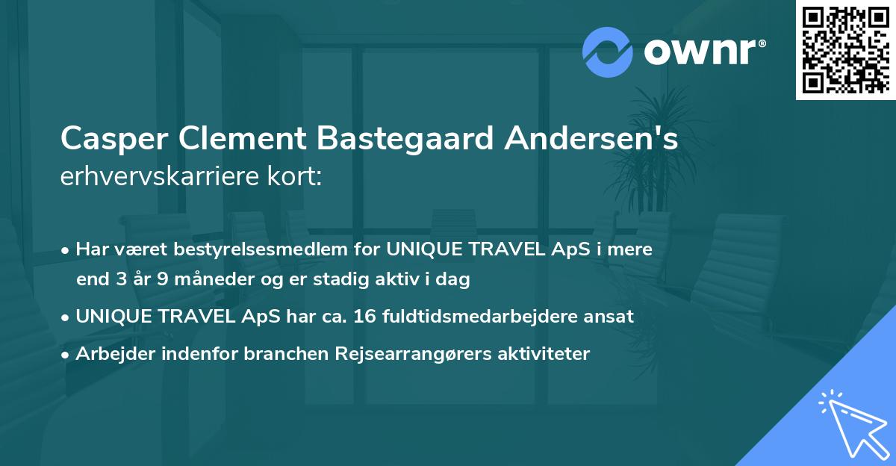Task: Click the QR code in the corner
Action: (845, 49)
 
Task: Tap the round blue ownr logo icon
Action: (608, 52)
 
